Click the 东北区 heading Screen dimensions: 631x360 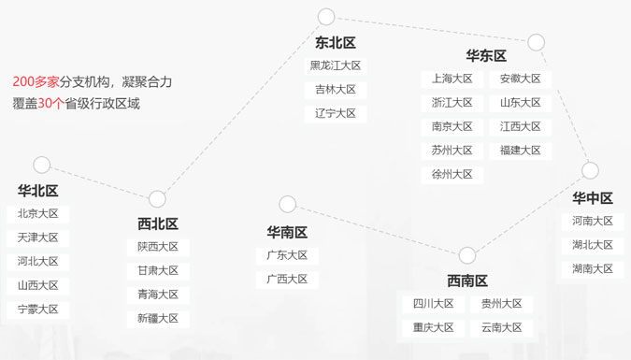pyautogui.click(x=336, y=43)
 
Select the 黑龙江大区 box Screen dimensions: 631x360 pyautogui.click(x=336, y=65)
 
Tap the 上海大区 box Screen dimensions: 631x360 pyautogui.click(x=452, y=79)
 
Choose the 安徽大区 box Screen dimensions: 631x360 pyautogui.click(x=521, y=79)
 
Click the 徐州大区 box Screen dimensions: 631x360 pyautogui.click(x=452, y=174)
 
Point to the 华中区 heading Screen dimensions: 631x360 pyautogui.click(x=593, y=198)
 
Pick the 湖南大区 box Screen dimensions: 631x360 pyautogui.click(x=593, y=269)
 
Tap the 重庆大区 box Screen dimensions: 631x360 pyautogui.click(x=434, y=328)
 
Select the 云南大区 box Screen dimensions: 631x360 pyautogui.click(x=501, y=328)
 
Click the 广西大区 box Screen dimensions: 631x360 pyautogui.click(x=287, y=280)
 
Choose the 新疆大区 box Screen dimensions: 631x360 pyautogui.click(x=158, y=319)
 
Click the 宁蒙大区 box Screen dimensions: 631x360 pyautogui.click(x=37, y=310)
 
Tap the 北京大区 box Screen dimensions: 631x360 pyautogui.click(x=37, y=214)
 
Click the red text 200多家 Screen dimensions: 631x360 pyautogui.click(x=36, y=82)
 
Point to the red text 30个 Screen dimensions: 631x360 pyautogui.click(x=50, y=104)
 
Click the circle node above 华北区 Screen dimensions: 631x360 pyautogui.click(x=42, y=165)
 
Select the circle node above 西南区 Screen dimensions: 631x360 pyautogui.click(x=467, y=255)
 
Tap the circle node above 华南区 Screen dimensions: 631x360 pyautogui.click(x=287, y=204)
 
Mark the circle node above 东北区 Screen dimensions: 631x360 pyautogui.click(x=326, y=17)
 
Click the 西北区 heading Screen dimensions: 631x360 pyautogui.click(x=158, y=223)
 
